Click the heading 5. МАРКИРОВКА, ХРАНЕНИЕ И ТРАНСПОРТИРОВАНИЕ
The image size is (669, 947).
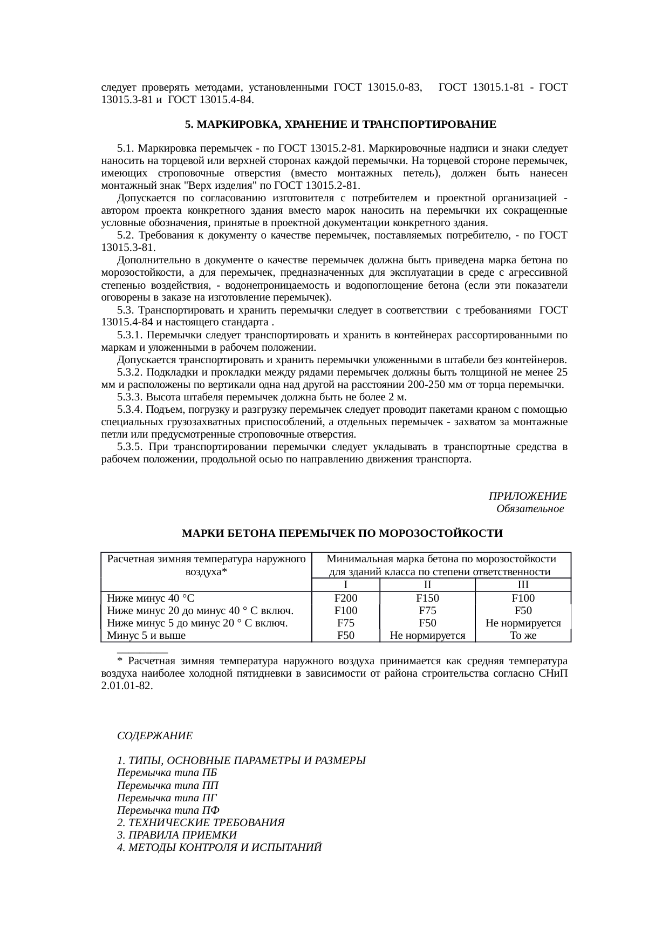(340, 125)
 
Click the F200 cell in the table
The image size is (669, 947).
(345, 598)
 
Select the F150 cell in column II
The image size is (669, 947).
(427, 598)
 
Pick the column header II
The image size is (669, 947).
(427, 585)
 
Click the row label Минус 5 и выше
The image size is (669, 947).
(146, 635)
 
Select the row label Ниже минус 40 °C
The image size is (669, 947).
(151, 598)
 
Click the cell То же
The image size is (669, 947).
(522, 635)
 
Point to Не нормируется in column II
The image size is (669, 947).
(427, 635)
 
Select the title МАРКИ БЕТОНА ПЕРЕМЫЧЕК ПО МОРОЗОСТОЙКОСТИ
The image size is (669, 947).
(342, 534)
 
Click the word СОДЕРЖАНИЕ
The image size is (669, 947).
(155, 736)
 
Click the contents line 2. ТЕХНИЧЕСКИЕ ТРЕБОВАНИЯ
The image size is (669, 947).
(201, 823)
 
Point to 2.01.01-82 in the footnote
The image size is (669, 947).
(126, 685)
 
